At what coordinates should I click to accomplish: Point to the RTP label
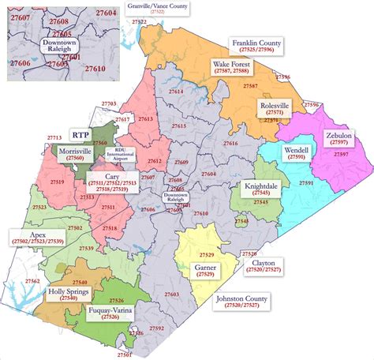80,134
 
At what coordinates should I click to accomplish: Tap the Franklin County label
256,45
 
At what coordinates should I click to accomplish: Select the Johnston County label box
242,303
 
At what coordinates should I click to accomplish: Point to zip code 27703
109,104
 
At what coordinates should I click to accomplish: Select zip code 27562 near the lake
33,281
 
